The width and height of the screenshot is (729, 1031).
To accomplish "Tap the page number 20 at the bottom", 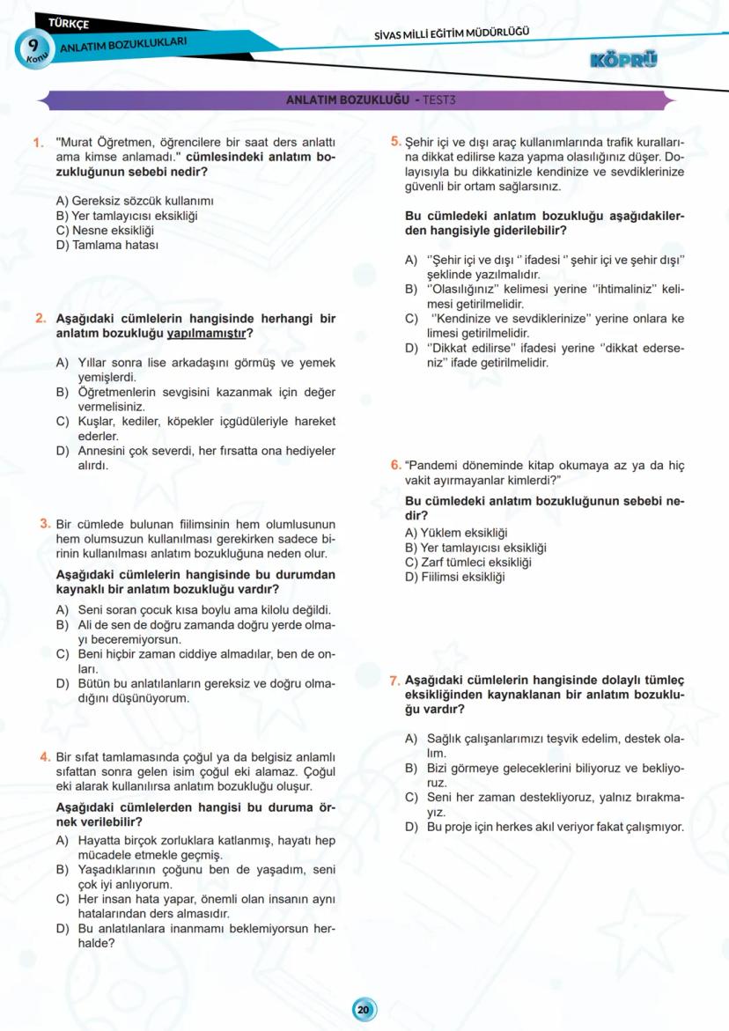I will click(x=364, y=1009).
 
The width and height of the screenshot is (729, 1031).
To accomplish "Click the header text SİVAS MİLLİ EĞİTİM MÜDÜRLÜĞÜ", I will click(x=452, y=34).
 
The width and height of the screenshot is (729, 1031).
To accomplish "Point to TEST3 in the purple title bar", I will click(x=438, y=99).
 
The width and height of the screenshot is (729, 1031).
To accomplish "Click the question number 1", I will click(x=38, y=142).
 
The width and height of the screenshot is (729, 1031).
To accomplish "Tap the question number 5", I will click(x=395, y=141).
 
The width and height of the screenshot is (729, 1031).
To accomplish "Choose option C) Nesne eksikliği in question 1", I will click(x=99, y=230).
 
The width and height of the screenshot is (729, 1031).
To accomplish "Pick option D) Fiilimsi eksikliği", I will click(x=455, y=578).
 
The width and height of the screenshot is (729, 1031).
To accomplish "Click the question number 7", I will click(x=395, y=680).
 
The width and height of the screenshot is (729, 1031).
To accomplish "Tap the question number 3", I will click(x=44, y=523).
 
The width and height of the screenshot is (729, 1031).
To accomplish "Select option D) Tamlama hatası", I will click(x=107, y=245).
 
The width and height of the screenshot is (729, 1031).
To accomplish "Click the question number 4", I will click(x=44, y=756).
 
